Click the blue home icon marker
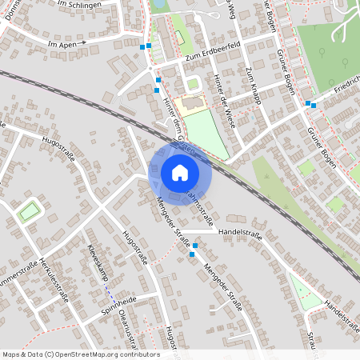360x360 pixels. pyautogui.click(x=180, y=173)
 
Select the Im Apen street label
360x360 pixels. pyautogui.click(x=65, y=42)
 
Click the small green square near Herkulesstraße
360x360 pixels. pyautogui.click(x=29, y=212)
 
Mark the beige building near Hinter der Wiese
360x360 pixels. pyautogui.click(x=192, y=104)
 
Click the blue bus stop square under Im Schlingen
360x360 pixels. pyautogui.click(x=145, y=47)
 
